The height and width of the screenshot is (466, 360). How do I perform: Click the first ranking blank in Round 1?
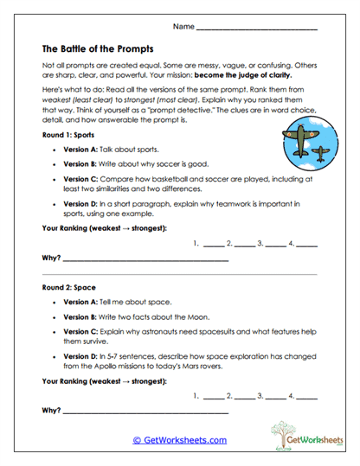click(x=213, y=246)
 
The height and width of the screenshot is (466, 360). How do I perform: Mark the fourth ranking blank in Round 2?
click(x=307, y=397)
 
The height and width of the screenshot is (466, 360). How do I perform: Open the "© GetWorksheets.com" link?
click(x=179, y=439)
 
